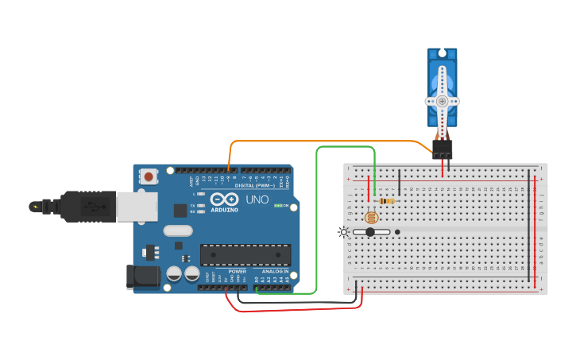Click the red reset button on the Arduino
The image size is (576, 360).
click(149, 176)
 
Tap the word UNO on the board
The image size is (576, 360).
click(257, 199)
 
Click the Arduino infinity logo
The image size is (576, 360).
click(224, 199)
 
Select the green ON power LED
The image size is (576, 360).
click(277, 205)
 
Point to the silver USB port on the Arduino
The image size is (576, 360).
click(137, 206)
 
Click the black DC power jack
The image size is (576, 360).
click(141, 277)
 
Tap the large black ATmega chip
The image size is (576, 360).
click(245, 254)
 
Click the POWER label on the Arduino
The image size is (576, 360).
click(238, 271)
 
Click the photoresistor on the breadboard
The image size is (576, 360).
click(370, 217)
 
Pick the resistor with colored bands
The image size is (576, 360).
click(387, 201)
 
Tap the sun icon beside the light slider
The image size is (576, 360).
click(343, 232)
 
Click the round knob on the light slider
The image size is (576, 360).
click(369, 232)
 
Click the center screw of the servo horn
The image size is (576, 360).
click(443, 102)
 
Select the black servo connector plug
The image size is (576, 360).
click(443, 148)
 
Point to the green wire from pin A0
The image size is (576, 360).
click(317, 223)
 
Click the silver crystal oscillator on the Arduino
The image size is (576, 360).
click(178, 231)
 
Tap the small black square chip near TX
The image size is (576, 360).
click(181, 211)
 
